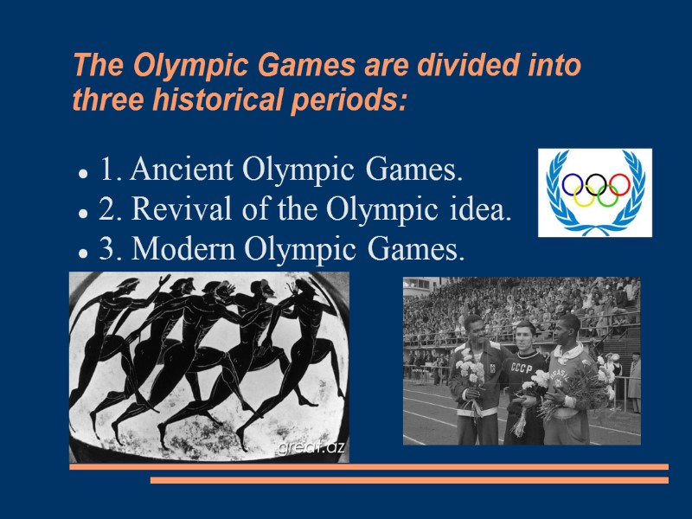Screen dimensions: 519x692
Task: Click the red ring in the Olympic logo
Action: (619, 183)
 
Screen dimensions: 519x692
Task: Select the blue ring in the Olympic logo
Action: (572, 183)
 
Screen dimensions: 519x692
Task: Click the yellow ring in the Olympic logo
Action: (585, 197)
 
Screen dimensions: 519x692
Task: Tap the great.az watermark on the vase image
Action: (311, 447)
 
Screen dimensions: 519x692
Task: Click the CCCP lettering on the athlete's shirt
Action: (522, 367)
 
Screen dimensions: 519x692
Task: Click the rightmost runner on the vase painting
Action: (316, 346)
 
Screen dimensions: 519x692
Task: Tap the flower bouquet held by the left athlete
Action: (469, 375)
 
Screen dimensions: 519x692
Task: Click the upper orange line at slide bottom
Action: (368, 467)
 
